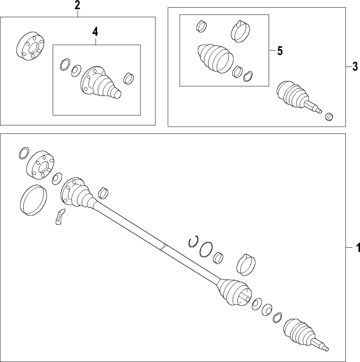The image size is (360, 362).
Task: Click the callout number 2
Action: point(77,6)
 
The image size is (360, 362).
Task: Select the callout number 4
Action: point(95,31)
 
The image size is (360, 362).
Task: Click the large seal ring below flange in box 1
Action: point(33,199)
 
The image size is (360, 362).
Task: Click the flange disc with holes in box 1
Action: point(40,165)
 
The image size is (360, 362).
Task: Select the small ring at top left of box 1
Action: point(24,153)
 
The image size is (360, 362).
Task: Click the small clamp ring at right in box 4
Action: point(129,78)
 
